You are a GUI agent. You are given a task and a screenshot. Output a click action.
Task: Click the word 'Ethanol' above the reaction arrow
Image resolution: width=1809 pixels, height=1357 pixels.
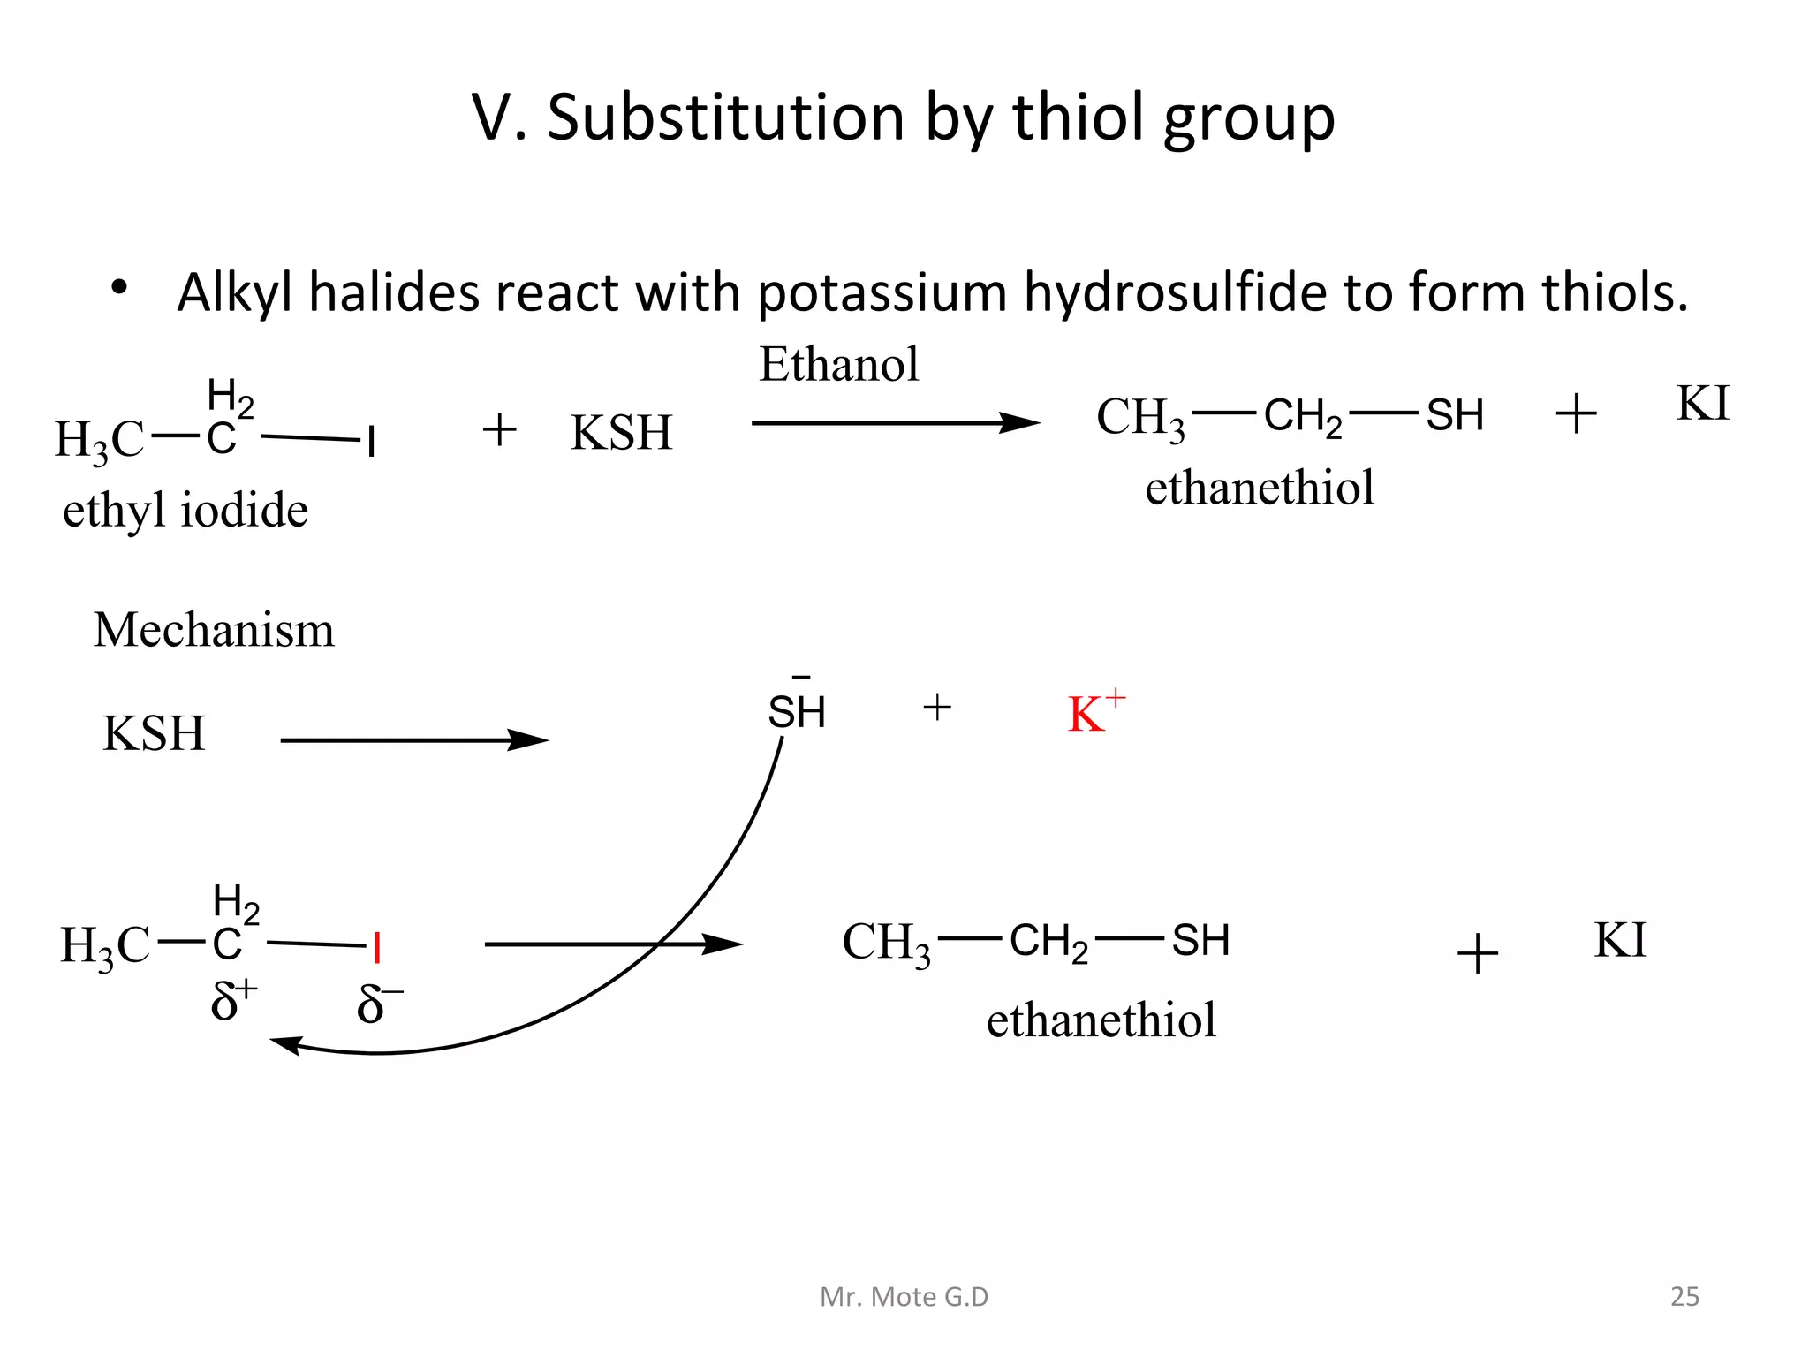click(x=838, y=364)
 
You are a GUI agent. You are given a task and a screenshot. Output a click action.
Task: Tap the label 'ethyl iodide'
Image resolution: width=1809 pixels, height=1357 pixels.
click(x=185, y=511)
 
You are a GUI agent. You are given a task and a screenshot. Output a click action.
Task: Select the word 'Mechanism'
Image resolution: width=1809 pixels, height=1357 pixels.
click(x=214, y=630)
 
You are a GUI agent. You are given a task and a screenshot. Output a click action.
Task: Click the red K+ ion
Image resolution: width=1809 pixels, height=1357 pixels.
click(x=1095, y=712)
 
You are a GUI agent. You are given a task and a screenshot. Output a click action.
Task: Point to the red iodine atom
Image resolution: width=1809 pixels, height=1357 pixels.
click(x=377, y=947)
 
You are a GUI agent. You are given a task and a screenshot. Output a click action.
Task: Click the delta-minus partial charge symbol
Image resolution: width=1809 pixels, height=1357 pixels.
click(x=378, y=1004)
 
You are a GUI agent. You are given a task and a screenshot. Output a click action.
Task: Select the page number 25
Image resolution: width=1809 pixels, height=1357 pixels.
click(x=1684, y=1296)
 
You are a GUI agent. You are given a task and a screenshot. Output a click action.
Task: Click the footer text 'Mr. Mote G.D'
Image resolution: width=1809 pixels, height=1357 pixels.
click(x=904, y=1296)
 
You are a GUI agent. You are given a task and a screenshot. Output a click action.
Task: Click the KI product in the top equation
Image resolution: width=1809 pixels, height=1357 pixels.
click(x=1702, y=404)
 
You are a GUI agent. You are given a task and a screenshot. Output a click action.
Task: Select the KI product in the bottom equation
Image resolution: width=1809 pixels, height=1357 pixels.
click(x=1620, y=940)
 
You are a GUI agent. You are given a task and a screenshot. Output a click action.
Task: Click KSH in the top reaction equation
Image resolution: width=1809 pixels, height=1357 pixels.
click(x=621, y=433)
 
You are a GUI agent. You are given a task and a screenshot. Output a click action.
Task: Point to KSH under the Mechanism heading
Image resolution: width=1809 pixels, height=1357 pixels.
click(x=154, y=733)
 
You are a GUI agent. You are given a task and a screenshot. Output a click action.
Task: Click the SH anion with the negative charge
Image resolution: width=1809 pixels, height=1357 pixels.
click(x=796, y=710)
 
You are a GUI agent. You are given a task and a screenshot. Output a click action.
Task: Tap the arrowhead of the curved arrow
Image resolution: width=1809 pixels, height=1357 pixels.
click(x=284, y=1043)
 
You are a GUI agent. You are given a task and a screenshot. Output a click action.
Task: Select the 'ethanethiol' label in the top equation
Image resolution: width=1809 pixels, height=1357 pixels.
click(x=1260, y=488)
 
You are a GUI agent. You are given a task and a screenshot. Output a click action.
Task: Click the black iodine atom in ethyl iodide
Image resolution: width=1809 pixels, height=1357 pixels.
click(x=372, y=441)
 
